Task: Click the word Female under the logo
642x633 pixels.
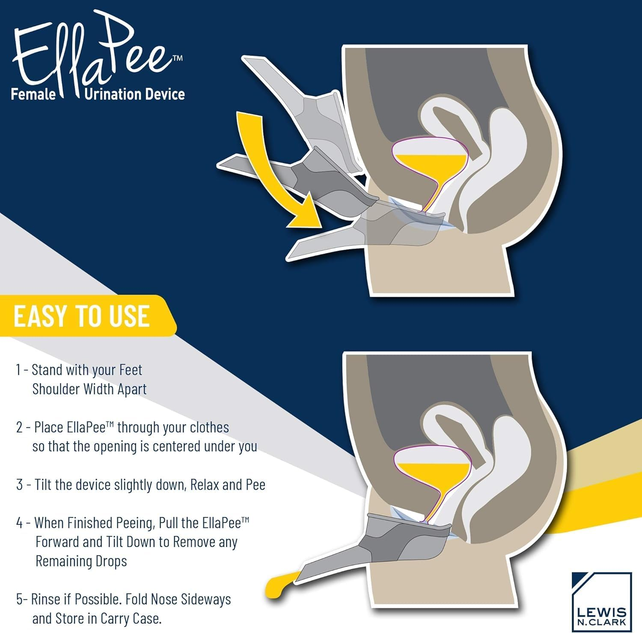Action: point(33,94)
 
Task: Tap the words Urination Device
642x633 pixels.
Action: point(134,94)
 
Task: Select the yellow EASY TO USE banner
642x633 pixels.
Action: point(86,316)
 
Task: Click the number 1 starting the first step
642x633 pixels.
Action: point(18,370)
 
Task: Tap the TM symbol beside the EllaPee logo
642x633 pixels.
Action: point(178,58)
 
